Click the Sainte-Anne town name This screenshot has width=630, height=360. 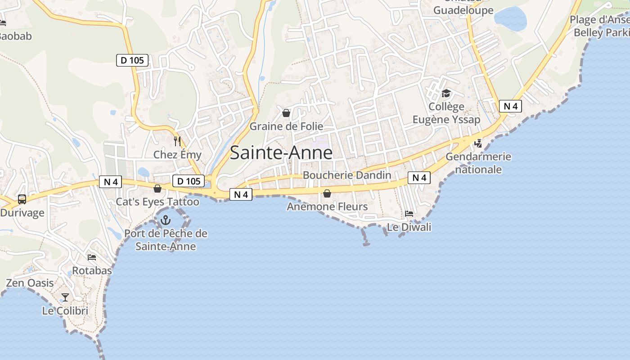coord(281,153)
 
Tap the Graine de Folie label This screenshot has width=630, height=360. coord(286,126)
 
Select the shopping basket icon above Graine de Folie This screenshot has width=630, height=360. coord(286,113)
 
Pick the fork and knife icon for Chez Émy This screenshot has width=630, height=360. coord(177,141)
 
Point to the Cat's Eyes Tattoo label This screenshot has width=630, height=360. coord(157,202)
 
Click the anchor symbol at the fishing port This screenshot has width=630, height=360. coord(166,220)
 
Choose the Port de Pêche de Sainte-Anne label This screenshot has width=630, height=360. coord(166,240)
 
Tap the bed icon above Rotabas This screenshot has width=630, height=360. coord(92,257)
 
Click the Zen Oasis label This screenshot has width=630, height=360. coord(30,283)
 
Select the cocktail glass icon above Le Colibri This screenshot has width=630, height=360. coord(65,297)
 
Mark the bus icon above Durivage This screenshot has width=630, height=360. coord(22,199)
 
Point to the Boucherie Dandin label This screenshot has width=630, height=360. coord(347,175)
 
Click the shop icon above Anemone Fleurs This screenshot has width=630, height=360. coord(327,193)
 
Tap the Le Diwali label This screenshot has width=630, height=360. coord(409,227)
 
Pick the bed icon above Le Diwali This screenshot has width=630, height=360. coord(409,213)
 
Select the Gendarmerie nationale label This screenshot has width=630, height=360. coord(478,163)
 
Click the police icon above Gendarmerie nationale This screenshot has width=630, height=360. coord(478,143)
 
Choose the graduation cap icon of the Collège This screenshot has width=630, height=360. coord(446,93)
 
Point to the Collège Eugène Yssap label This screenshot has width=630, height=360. coord(446,113)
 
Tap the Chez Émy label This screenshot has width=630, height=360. coord(177,155)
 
